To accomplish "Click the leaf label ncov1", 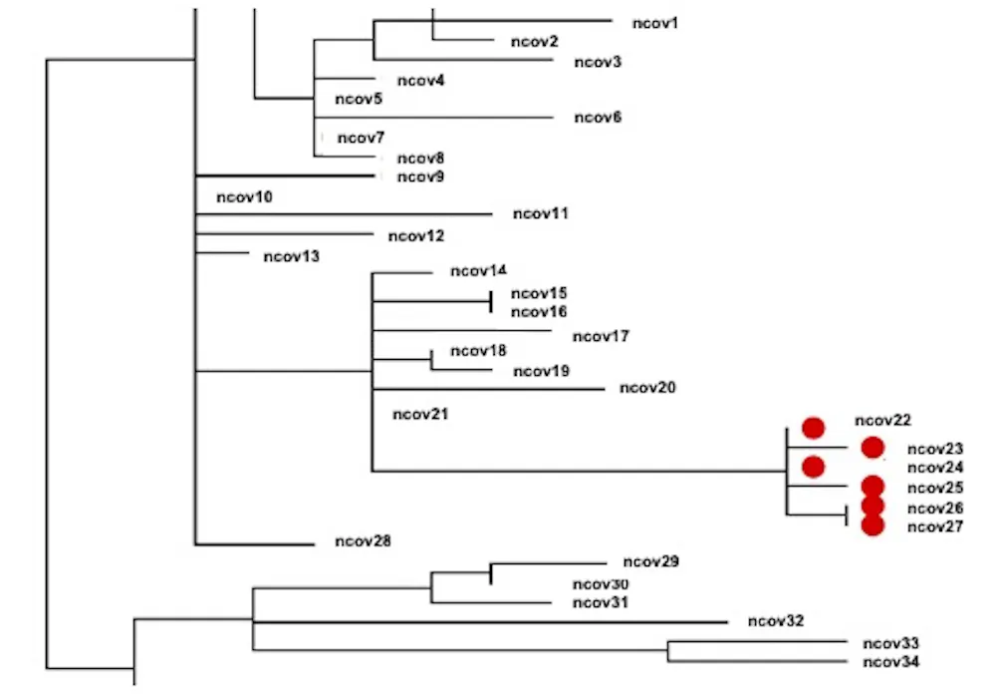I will pyautogui.click(x=653, y=22).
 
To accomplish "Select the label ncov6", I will pyautogui.click(x=598, y=118).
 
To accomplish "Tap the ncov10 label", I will pyautogui.click(x=244, y=197).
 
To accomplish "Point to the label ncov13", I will pyautogui.click(x=291, y=256).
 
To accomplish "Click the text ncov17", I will pyautogui.click(x=602, y=336).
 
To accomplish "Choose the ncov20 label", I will pyautogui.click(x=647, y=388).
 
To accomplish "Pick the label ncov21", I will pyautogui.click(x=420, y=414).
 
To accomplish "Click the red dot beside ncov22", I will pyautogui.click(x=814, y=429).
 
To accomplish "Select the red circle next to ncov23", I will pyautogui.click(x=873, y=448).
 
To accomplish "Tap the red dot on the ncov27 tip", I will pyautogui.click(x=873, y=525).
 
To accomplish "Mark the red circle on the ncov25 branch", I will pyautogui.click(x=873, y=487).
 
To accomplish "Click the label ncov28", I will pyautogui.click(x=363, y=542).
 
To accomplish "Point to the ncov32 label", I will pyautogui.click(x=775, y=621).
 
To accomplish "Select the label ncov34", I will pyautogui.click(x=890, y=661).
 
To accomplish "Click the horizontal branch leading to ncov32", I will pyautogui.click(x=488, y=622).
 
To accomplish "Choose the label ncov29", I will pyautogui.click(x=650, y=562).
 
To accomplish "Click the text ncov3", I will pyautogui.click(x=598, y=62).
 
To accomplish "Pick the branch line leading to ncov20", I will pyautogui.click(x=488, y=389).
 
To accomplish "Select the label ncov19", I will pyautogui.click(x=541, y=372).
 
